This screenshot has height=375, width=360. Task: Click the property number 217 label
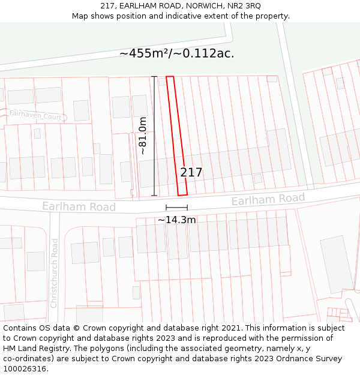(x=191, y=173)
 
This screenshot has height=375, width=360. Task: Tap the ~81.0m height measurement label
(x=143, y=136)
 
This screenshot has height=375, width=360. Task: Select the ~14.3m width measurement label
(x=176, y=220)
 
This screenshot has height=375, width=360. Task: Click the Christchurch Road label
(x=54, y=273)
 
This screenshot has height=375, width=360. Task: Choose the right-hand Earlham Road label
(x=268, y=199)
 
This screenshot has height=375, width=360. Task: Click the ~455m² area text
(x=143, y=53)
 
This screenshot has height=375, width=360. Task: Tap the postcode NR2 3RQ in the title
(x=245, y=5)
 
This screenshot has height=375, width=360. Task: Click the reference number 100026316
(x=25, y=369)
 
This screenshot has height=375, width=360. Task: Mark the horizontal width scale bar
(x=176, y=208)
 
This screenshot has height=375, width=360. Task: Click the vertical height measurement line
(x=154, y=136)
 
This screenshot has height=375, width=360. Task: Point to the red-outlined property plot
(x=176, y=136)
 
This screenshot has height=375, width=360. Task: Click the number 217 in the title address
(x=107, y=5)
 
